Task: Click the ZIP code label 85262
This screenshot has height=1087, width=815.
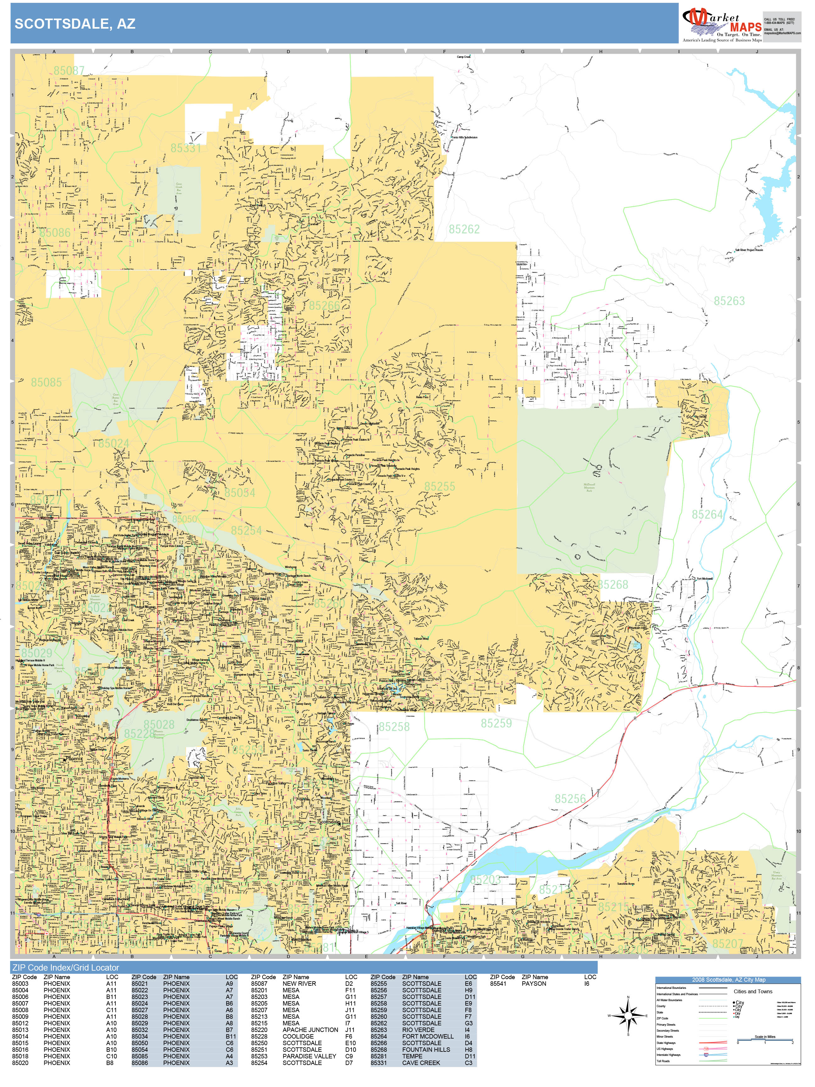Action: (x=464, y=229)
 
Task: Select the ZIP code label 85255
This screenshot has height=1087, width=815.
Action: (x=439, y=487)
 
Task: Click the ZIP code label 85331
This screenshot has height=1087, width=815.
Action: (x=186, y=148)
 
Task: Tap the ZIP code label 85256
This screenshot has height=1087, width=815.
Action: (x=570, y=799)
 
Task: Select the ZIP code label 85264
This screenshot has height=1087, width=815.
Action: (x=707, y=515)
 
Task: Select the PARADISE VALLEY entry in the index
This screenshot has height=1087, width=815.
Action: (x=309, y=1056)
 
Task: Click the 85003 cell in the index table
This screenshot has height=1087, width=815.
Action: (x=20, y=983)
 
